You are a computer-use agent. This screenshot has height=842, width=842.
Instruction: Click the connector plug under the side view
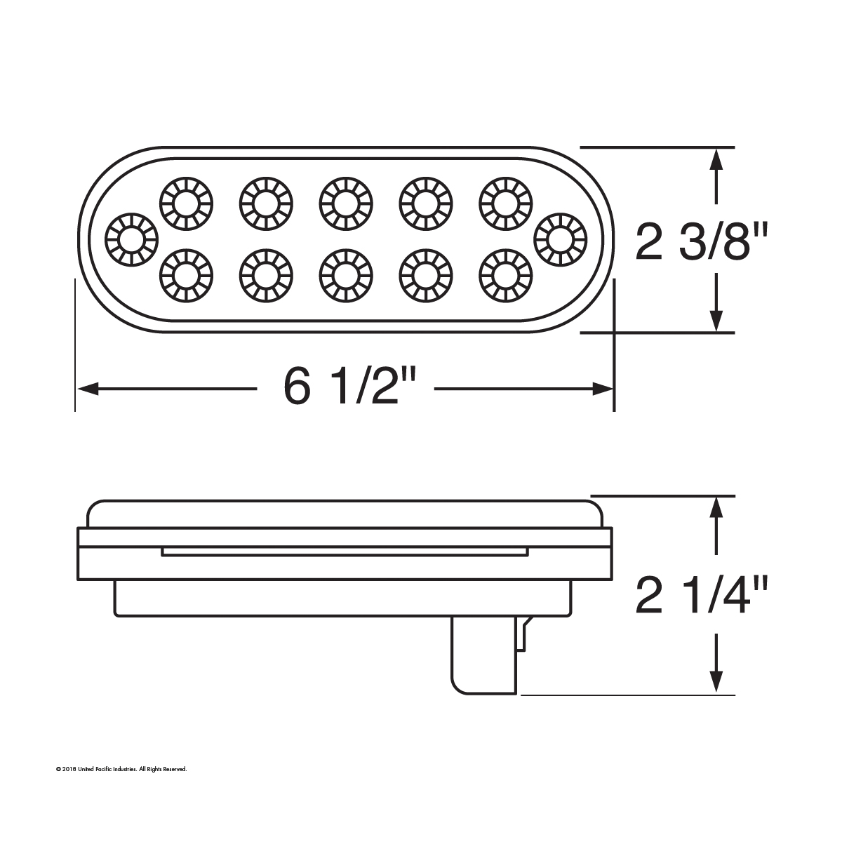click(484, 656)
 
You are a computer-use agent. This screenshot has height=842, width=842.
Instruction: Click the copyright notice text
click(121, 770)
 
